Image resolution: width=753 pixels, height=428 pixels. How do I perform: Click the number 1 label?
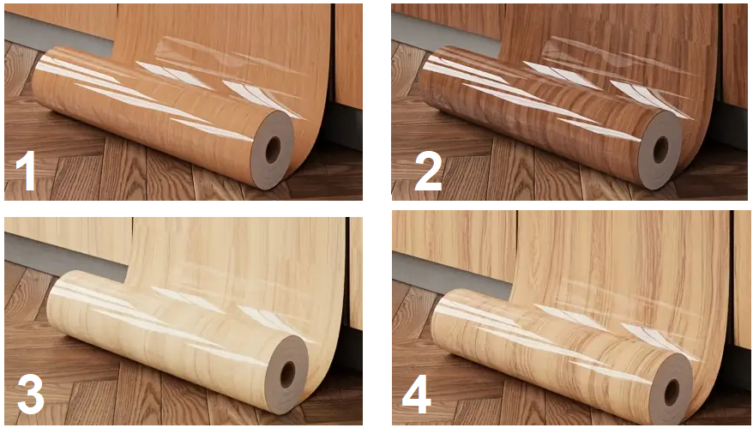pyautogui.click(x=26, y=171)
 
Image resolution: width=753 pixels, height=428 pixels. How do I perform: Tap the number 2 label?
pyautogui.click(x=428, y=171)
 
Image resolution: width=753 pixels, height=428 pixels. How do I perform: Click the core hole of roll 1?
pyautogui.click(x=273, y=150)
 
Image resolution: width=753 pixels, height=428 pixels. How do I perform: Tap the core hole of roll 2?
pyautogui.click(x=660, y=149)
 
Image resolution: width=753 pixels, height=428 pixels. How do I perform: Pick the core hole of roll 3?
pyautogui.click(x=287, y=375)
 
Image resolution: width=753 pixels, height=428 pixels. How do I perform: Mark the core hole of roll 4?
pyautogui.click(x=672, y=393)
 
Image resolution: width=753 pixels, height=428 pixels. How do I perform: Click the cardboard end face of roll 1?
pyautogui.click(x=273, y=150)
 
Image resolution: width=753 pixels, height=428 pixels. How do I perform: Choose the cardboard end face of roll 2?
pyautogui.click(x=660, y=149)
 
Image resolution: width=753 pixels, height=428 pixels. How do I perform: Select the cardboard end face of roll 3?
pyautogui.click(x=287, y=375)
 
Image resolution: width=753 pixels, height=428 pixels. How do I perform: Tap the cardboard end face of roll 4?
pyautogui.click(x=672, y=393)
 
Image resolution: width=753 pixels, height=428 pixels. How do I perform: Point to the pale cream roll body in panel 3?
pyautogui.click(x=159, y=336)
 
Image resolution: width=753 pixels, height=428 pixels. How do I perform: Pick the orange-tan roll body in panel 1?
pyautogui.click(x=144, y=113)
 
